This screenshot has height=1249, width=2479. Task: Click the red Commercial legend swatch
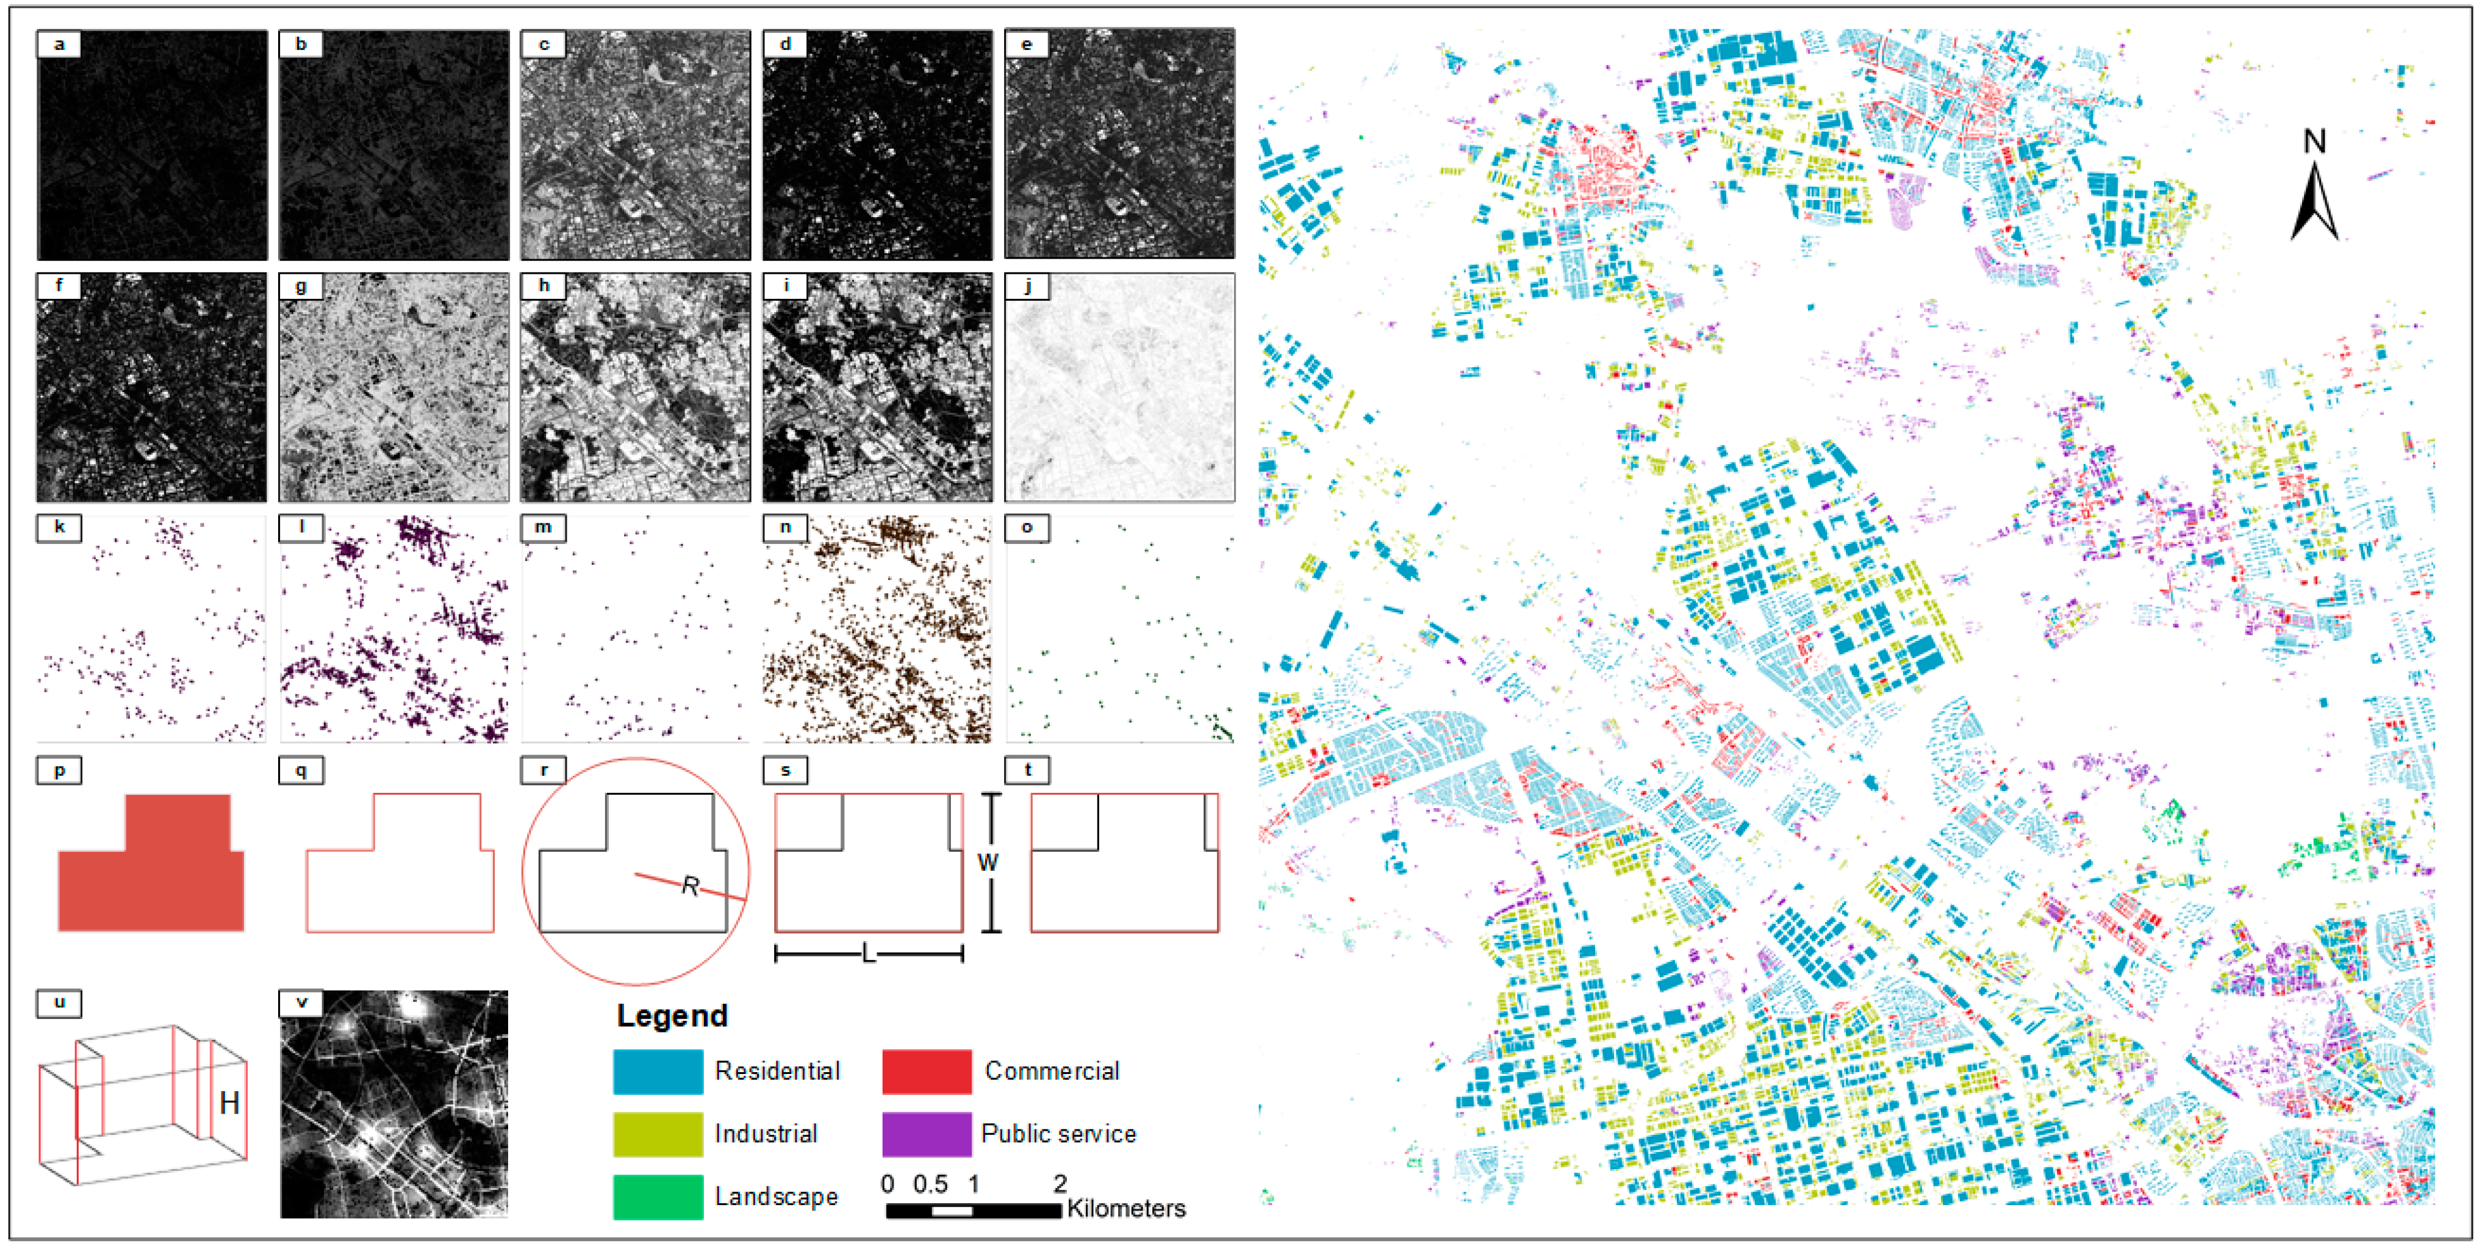point(926,1071)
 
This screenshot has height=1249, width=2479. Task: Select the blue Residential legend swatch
point(658,1071)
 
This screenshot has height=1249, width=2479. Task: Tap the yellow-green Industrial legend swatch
point(658,1134)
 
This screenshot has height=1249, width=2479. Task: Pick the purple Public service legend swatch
point(926,1134)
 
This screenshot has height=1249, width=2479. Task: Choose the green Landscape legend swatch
point(658,1196)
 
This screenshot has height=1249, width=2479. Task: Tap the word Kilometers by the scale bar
point(1126,1209)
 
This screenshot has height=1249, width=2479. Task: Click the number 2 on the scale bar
point(1060,1184)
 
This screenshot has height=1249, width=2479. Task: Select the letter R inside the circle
point(690,886)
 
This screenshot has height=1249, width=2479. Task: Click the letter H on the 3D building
point(229,1103)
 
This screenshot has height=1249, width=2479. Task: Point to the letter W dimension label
point(988,862)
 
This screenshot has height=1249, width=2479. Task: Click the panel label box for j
point(1027,286)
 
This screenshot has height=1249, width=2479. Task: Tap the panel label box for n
point(785,528)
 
